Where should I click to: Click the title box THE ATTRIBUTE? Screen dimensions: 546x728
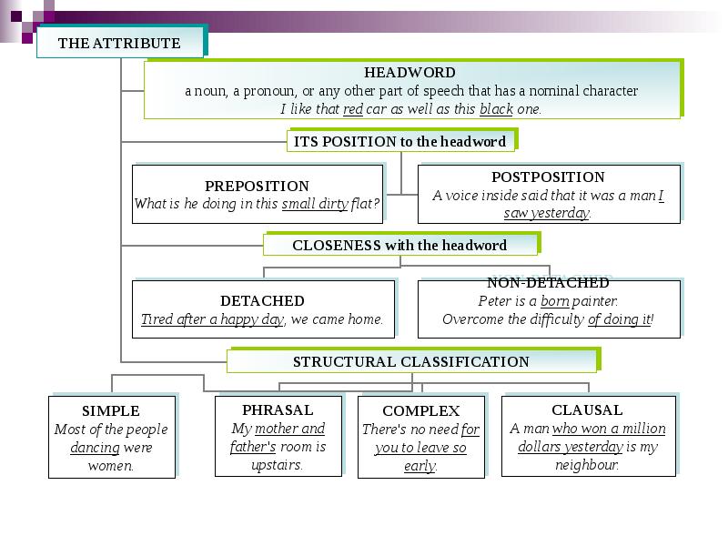pos(119,43)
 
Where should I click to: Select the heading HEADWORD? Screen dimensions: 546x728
pos(409,73)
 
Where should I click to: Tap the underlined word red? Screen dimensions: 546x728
pos(353,109)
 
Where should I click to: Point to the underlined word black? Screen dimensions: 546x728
pos(496,109)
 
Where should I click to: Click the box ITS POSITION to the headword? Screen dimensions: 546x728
pos(400,141)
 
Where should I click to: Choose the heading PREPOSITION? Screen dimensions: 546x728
pos(257,186)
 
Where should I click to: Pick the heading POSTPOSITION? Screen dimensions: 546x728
pos(548,177)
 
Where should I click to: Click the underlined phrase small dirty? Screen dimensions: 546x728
pos(315,204)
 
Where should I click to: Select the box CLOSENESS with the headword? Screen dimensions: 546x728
pos(399,245)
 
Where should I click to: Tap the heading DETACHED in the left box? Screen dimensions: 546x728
pos(262,300)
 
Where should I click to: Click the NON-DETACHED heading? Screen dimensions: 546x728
pos(548,283)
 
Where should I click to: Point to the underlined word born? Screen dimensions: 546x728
pos(555,301)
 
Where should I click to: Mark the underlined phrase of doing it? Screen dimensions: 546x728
pos(620,319)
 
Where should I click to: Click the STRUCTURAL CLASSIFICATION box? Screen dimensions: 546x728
pos(410,361)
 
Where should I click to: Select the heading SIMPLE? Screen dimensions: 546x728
pos(111,410)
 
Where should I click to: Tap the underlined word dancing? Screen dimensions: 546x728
pos(95,448)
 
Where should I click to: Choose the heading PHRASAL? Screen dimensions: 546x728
pos(278,409)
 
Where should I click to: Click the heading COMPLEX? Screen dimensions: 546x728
pos(420,410)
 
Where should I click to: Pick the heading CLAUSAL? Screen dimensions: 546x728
pos(587,409)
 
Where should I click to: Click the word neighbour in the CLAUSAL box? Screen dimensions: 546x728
pos(586,465)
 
